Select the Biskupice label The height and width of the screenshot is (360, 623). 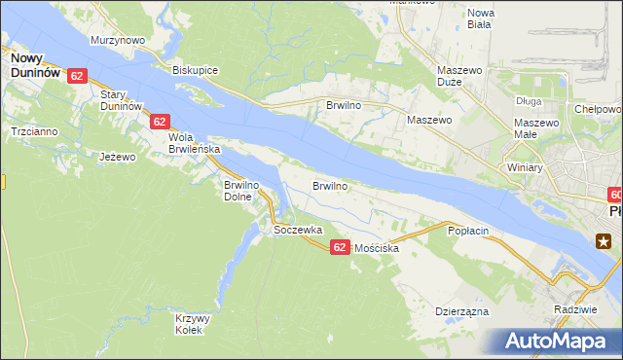pyautogui.click(x=195, y=70)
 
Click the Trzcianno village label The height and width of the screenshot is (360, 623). pyautogui.click(x=33, y=131)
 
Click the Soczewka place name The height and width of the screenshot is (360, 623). pyautogui.click(x=298, y=230)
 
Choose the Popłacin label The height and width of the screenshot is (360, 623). pyautogui.click(x=467, y=231)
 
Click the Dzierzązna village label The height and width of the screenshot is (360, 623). pyautogui.click(x=461, y=312)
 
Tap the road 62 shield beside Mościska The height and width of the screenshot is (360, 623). pyautogui.click(x=339, y=248)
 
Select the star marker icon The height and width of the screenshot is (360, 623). pyautogui.click(x=605, y=241)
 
